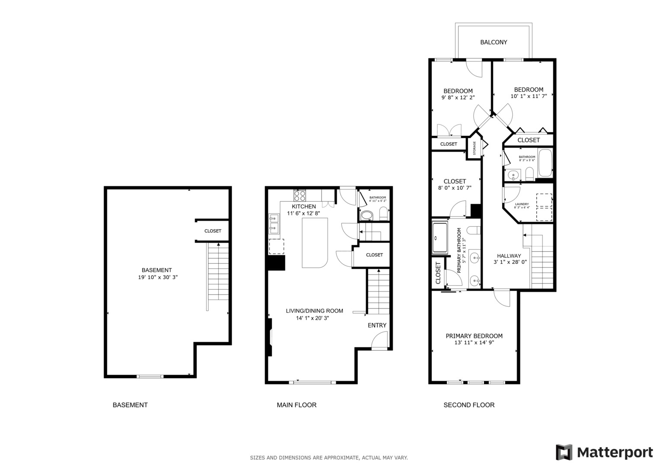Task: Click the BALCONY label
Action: pyautogui.click(x=494, y=42)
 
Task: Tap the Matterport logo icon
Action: pyautogui.click(x=564, y=452)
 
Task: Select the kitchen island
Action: pyautogui.click(x=315, y=243)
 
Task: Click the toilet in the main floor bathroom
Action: pyautogui.click(x=383, y=214)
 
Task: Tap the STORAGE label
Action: pyautogui.click(x=475, y=148)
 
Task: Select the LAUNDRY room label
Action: pyautogui.click(x=522, y=204)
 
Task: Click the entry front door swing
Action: pyautogui.click(x=379, y=340)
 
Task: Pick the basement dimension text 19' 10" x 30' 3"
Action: pyautogui.click(x=158, y=277)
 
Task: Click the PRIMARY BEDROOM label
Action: pyautogui.click(x=474, y=336)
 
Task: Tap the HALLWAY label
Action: pyautogui.click(x=509, y=256)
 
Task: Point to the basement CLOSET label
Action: pyautogui.click(x=213, y=231)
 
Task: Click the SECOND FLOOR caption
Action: pyautogui.click(x=469, y=405)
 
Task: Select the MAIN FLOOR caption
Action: pyautogui.click(x=297, y=405)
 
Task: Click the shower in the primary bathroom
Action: pyautogui.click(x=440, y=238)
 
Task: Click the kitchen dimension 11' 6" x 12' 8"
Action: pyautogui.click(x=303, y=213)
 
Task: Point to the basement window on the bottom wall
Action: pyautogui.click(x=150, y=376)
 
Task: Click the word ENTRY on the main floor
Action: pyautogui.click(x=377, y=325)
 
